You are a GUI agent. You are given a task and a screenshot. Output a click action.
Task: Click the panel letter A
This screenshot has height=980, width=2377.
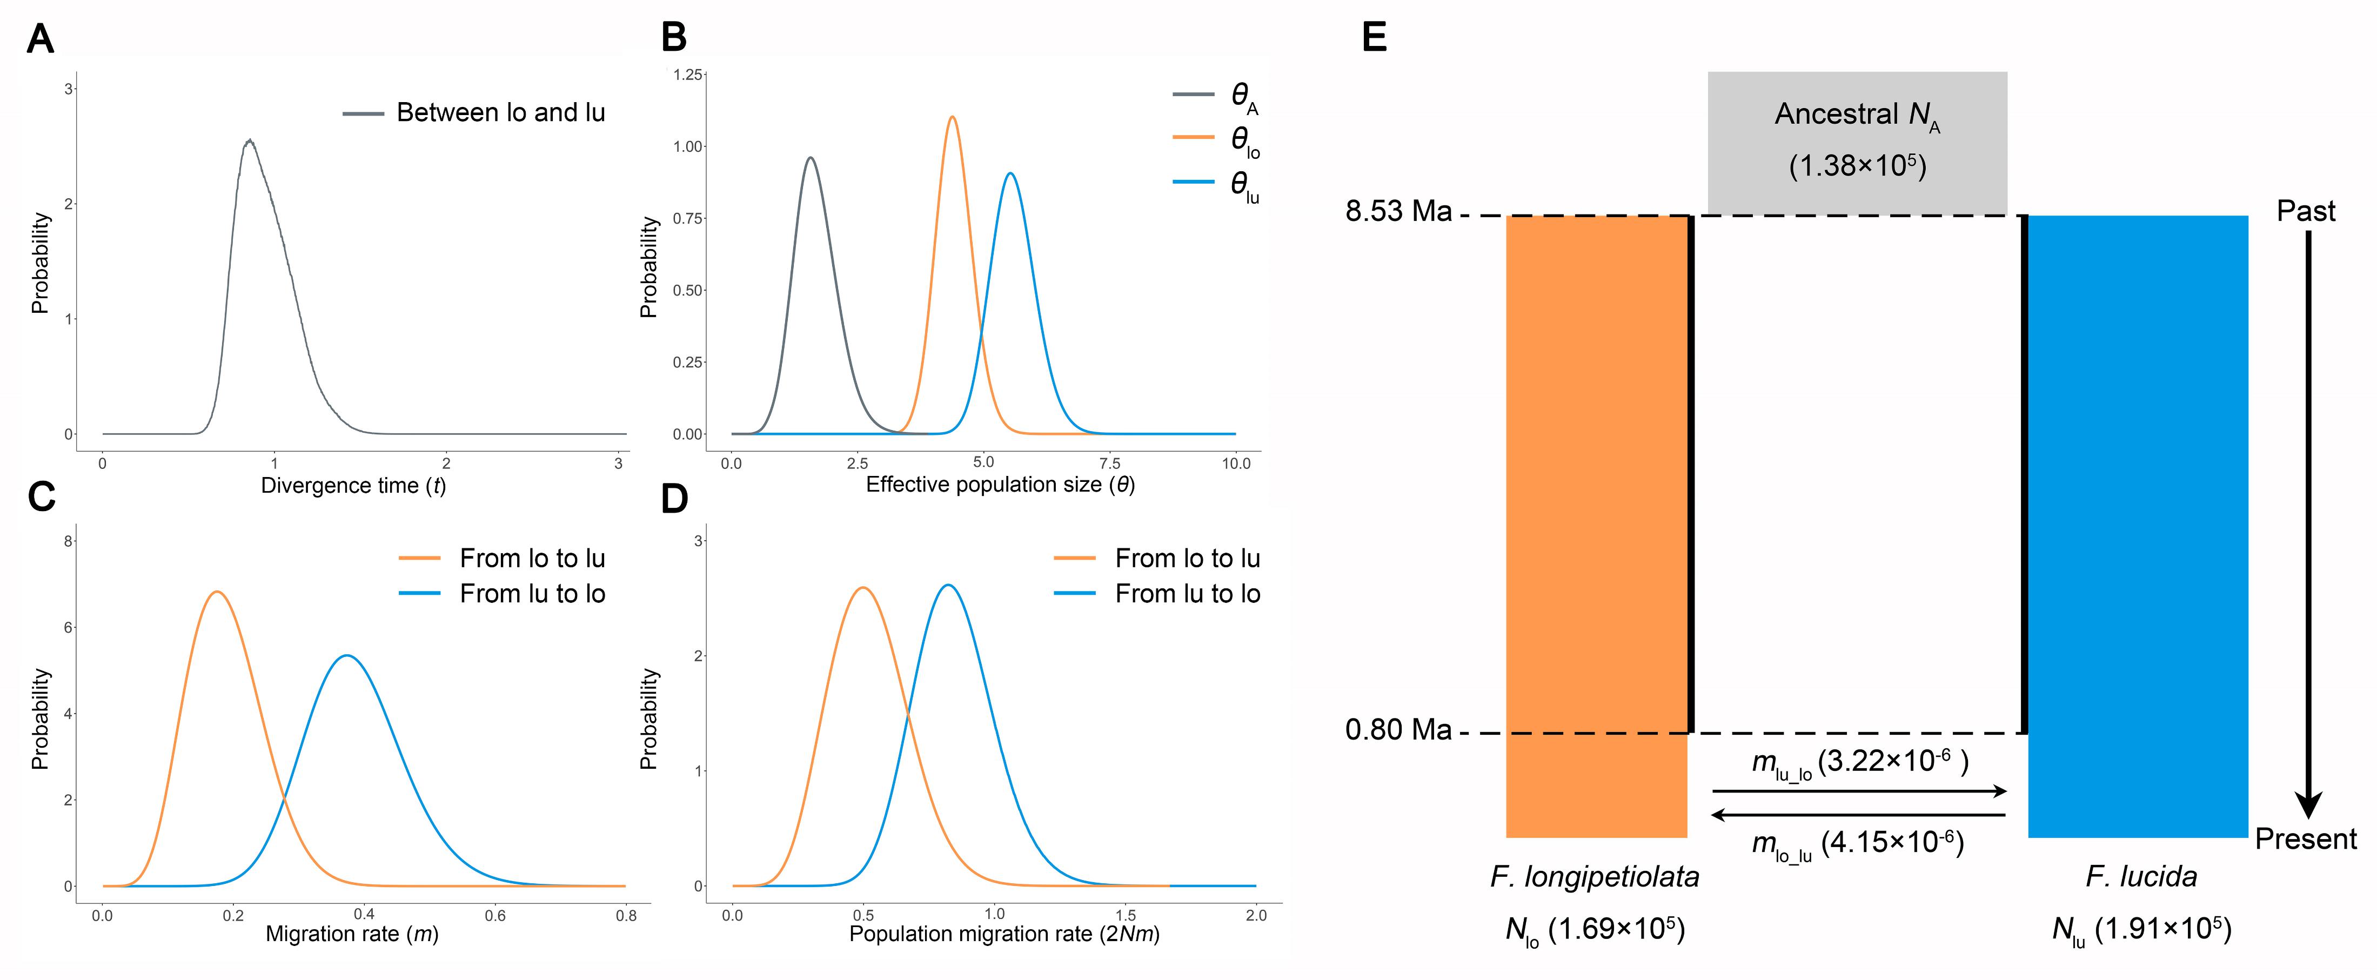click(x=41, y=39)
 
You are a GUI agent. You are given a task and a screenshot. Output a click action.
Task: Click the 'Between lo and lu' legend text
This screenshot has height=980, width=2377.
click(x=500, y=112)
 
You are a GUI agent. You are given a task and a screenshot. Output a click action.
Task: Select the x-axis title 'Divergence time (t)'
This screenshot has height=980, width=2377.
click(x=353, y=485)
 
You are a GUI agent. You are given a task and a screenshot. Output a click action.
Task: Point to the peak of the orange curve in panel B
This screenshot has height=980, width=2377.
click(x=952, y=117)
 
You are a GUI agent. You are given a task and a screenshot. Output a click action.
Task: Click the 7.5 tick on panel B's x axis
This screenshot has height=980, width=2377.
click(x=1109, y=462)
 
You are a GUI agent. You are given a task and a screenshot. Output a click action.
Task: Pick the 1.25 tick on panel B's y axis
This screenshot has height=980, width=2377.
click(x=687, y=74)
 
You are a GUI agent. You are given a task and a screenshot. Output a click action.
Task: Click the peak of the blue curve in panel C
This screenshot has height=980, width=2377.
click(x=346, y=655)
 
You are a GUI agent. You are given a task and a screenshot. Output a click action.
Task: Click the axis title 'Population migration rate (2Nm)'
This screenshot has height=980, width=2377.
click(x=1004, y=934)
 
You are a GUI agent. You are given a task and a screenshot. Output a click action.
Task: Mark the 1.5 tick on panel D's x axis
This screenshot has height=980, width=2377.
click(x=1125, y=915)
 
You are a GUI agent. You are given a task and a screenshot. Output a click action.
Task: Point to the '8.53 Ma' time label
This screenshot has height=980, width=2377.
click(x=1398, y=211)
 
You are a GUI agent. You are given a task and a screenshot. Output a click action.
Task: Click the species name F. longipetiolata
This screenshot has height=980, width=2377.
click(x=1595, y=876)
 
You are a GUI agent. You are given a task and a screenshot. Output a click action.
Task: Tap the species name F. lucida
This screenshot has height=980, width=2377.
click(x=2141, y=876)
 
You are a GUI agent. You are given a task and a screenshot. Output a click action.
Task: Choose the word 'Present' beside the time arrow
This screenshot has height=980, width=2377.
click(x=2305, y=839)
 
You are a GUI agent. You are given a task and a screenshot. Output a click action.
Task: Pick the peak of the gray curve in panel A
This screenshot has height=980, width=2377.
click(x=248, y=141)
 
